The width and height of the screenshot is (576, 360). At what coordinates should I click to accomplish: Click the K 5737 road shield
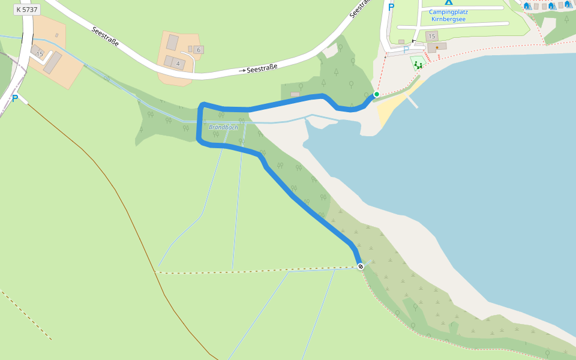coord(26,10)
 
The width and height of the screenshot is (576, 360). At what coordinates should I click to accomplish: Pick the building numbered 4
coord(178,63)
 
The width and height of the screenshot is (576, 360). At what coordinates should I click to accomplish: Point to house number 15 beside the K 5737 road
coord(40,54)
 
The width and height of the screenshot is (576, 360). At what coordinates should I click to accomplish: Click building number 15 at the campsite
coord(431,37)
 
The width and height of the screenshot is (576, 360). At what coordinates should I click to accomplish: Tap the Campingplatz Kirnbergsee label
coord(448,15)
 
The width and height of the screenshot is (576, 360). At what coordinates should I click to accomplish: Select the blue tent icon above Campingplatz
coord(449,2)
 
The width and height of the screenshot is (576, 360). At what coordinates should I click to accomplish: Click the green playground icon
coord(418,65)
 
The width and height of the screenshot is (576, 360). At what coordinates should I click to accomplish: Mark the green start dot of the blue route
coord(377,94)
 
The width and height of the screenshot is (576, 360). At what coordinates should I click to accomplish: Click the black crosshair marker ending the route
coord(361,266)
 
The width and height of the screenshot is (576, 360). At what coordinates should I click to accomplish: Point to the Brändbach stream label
coord(224,127)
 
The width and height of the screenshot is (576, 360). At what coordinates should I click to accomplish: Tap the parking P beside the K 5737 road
coord(15,98)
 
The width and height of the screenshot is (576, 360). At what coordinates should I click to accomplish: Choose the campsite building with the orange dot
coord(437,47)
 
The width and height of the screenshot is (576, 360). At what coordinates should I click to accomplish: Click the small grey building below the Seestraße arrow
coord(295,94)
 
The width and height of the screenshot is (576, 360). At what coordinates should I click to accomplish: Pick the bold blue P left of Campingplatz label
coord(391,7)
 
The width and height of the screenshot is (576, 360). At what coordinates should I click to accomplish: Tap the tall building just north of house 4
coord(173,43)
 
